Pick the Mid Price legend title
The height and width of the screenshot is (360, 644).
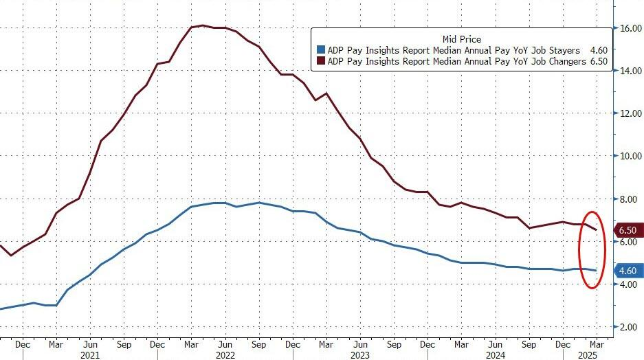pyautogui.click(x=462, y=39)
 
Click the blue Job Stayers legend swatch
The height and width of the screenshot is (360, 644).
pyautogui.click(x=320, y=50)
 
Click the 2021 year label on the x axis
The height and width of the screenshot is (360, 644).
pyautogui.click(x=89, y=355)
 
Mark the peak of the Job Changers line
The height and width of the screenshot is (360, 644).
pyautogui.click(x=202, y=26)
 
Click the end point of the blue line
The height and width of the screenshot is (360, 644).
pyautogui.click(x=595, y=271)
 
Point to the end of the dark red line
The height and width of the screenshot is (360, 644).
pyautogui.click(x=595, y=229)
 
